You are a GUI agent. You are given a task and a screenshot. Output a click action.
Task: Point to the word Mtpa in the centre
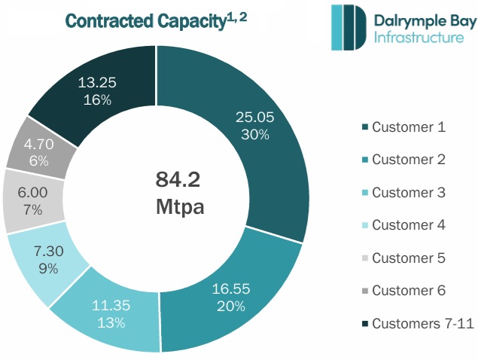tap(181, 204)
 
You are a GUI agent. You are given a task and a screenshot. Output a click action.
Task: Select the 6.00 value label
tap(34, 192)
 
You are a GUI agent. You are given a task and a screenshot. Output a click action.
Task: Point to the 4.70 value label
tap(38, 143)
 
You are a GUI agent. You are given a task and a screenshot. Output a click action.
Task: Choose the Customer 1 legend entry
tap(409, 127)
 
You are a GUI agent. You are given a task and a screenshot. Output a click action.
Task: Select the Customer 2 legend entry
tap(409, 160)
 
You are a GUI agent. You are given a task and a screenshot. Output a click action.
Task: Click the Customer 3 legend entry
tap(409, 192)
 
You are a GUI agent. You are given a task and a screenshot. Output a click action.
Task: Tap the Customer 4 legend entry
tap(409, 225)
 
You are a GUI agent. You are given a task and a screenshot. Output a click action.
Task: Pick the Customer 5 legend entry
tap(409, 258)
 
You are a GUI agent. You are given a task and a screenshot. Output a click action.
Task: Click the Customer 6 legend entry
tap(409, 291)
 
